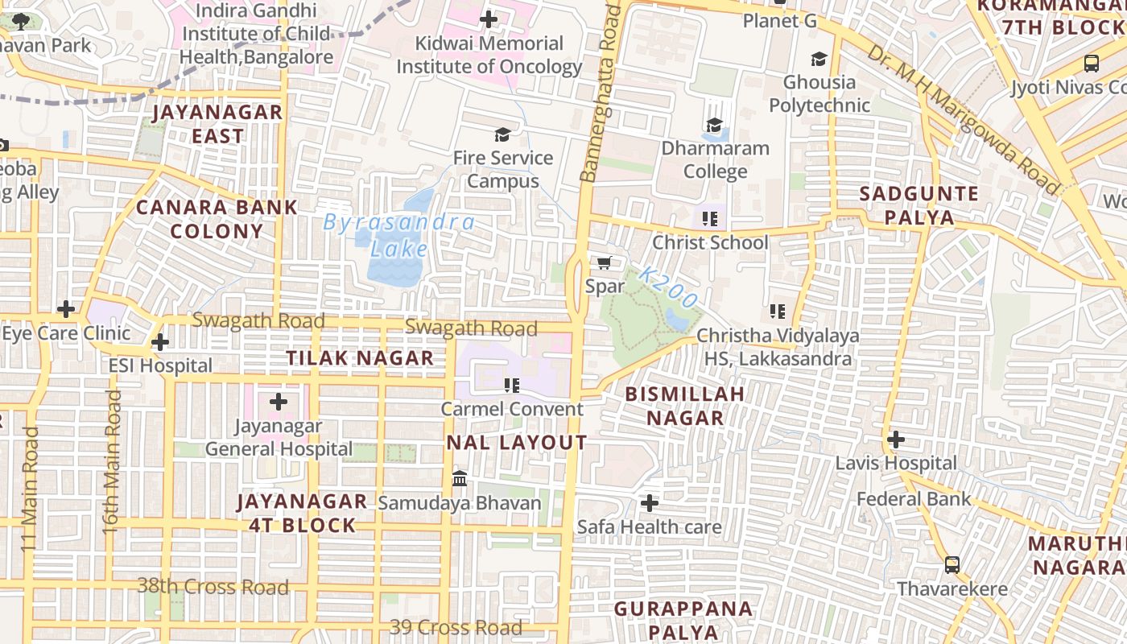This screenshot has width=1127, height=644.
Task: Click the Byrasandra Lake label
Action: (x=399, y=235)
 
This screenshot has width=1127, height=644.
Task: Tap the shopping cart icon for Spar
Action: (x=605, y=262)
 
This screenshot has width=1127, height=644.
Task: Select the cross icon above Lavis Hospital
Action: (x=895, y=440)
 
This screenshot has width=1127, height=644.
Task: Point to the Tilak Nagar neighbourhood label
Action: (x=360, y=358)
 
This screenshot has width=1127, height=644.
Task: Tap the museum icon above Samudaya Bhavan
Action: (x=460, y=479)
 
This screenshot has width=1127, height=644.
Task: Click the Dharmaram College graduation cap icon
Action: (x=714, y=125)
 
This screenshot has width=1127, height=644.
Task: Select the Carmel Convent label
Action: (x=512, y=409)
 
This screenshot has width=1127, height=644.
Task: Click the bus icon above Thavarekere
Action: (x=952, y=564)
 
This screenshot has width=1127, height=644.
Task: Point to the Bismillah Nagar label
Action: (x=685, y=406)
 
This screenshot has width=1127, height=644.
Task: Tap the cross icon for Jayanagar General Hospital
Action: (x=279, y=401)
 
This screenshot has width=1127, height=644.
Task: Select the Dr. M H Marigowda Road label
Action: (x=964, y=118)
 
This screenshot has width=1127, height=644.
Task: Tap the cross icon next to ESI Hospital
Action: (x=160, y=342)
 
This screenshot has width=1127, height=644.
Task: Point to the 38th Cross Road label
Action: (x=213, y=586)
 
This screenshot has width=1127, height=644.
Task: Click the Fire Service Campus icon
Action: (x=502, y=134)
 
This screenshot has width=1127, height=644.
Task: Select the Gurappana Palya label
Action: (x=683, y=619)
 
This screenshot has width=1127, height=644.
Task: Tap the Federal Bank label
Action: (x=914, y=499)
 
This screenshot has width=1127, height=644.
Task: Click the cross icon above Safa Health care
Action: (x=649, y=504)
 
